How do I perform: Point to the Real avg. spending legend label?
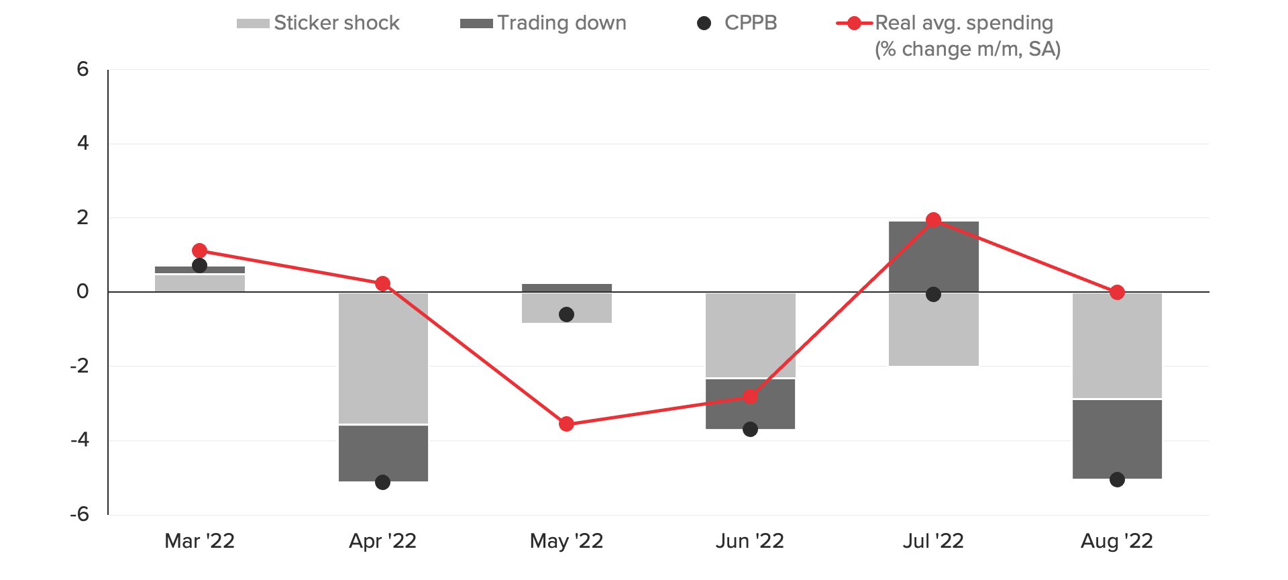click(x=964, y=23)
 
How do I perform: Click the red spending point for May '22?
click(x=566, y=424)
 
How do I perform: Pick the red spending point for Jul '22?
click(x=933, y=220)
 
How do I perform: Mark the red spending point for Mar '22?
click(x=199, y=250)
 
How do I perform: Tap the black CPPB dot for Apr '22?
click(x=382, y=482)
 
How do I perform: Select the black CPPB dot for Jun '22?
click(x=750, y=429)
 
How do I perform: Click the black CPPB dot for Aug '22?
click(x=1117, y=479)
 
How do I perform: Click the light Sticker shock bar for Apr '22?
click(x=383, y=358)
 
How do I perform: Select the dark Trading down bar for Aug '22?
click(x=1117, y=438)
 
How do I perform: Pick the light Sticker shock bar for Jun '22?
click(x=750, y=335)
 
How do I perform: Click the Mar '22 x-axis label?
click(x=199, y=541)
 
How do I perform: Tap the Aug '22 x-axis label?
click(x=1116, y=541)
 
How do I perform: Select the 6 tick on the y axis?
click(x=83, y=69)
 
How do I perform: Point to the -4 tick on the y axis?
click(x=80, y=440)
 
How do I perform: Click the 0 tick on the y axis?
click(x=83, y=292)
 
